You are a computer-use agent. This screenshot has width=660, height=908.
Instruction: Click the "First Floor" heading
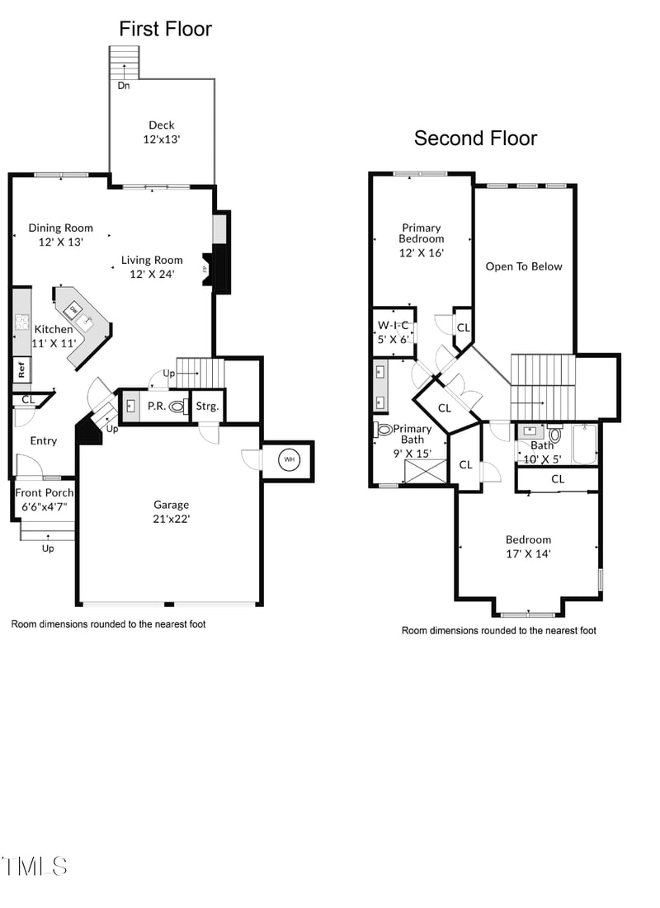[x=165, y=30]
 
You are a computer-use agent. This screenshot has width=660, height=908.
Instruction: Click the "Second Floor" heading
[x=475, y=139]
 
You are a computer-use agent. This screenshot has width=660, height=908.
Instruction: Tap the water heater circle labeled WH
[x=289, y=460]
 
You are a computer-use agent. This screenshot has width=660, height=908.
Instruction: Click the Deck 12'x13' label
[x=162, y=133]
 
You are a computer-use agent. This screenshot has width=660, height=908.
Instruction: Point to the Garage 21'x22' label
[x=171, y=511]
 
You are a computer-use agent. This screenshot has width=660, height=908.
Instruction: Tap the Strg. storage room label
[x=207, y=407]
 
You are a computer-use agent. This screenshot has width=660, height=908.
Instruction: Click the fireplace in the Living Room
[x=219, y=269]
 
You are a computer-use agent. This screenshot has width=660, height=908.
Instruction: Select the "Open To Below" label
[x=524, y=266]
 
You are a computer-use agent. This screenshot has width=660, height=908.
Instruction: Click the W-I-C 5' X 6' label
[x=394, y=332]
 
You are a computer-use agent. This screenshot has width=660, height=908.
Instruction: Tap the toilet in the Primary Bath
[x=384, y=429]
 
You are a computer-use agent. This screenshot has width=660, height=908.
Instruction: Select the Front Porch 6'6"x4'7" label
[x=43, y=500]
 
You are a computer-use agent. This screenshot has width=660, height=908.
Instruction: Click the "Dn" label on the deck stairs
[x=123, y=85]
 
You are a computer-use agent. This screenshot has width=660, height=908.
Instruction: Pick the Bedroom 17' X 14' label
[x=528, y=547]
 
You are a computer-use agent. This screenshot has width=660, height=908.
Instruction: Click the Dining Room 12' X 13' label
[x=60, y=235]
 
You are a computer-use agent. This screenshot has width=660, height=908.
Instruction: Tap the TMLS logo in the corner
[x=35, y=866]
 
